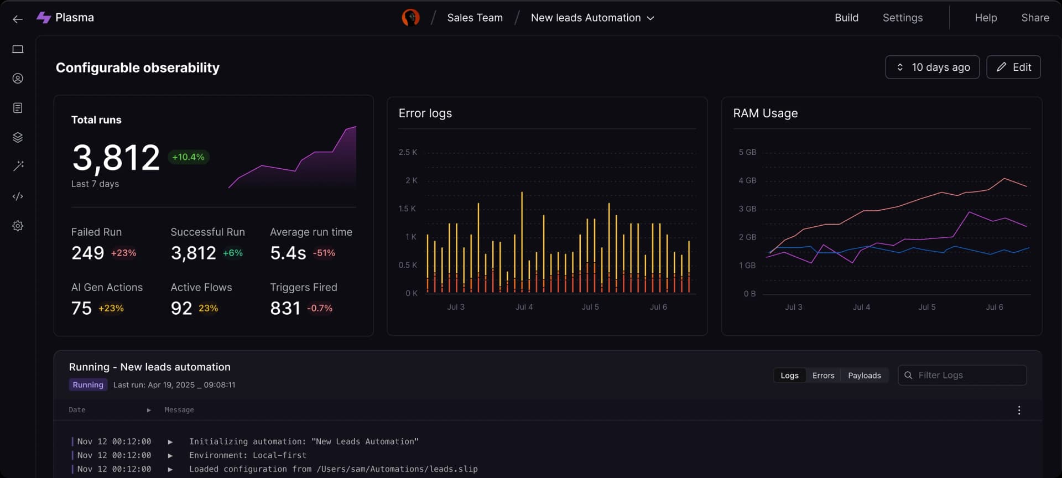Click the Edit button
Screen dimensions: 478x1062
1013,67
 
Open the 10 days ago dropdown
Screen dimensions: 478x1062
932,67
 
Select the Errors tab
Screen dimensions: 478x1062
823,375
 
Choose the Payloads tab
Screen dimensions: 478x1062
864,375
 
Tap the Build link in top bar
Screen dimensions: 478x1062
846,18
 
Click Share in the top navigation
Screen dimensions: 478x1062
1035,18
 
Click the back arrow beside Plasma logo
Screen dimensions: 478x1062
18,19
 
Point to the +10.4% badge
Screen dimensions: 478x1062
188,157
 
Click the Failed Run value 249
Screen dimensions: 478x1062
87,253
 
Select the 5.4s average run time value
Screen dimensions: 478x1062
288,253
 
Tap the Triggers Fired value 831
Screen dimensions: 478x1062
285,308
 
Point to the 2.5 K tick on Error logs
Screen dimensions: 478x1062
408,152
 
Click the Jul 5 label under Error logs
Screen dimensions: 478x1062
590,306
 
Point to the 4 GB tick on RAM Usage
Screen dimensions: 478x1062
747,180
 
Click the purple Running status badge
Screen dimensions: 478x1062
88,385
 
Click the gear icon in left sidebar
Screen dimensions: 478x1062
18,226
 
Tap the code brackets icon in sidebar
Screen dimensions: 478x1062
18,196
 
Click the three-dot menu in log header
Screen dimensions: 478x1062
1019,410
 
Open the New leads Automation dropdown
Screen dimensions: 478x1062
592,18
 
